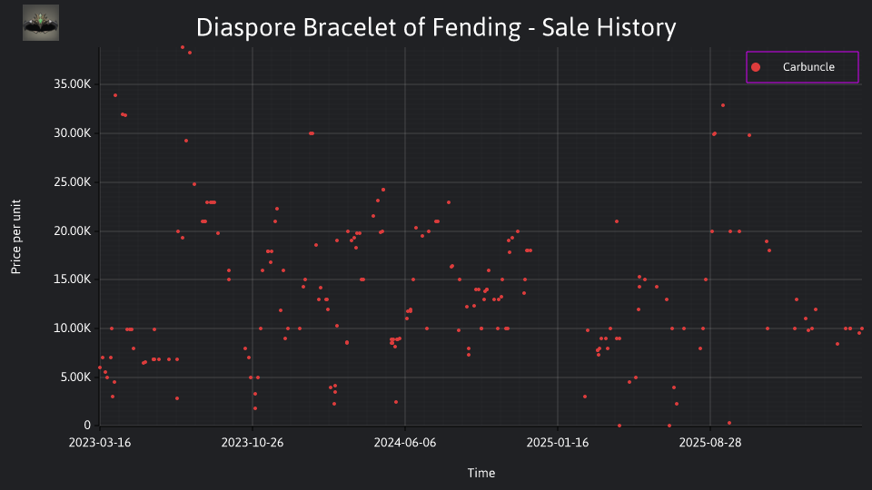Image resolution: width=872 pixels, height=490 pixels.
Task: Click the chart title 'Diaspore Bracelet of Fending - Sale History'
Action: [436, 27]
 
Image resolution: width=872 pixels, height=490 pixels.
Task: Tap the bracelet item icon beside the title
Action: [41, 23]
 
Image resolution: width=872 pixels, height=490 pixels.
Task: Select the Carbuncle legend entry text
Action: [808, 66]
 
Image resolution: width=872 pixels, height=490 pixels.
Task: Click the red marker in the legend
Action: [756, 67]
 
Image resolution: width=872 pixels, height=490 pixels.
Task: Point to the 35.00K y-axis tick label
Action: [73, 83]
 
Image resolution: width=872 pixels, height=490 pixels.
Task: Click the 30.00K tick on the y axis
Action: [73, 132]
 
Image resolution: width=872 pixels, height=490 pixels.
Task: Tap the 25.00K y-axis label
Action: [73, 181]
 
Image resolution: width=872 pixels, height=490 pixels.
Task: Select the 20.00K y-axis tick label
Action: [73, 230]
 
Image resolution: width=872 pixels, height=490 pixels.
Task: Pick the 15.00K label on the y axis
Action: [73, 279]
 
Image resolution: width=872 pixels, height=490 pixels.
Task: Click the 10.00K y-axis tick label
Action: [73, 328]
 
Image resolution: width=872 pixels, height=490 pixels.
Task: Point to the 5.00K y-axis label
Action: [75, 377]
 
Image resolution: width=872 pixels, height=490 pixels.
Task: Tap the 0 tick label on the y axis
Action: [87, 425]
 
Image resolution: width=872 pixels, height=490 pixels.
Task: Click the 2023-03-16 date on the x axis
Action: [100, 442]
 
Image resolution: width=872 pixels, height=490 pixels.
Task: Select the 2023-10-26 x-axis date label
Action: [253, 442]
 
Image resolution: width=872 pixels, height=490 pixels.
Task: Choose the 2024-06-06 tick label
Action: [405, 442]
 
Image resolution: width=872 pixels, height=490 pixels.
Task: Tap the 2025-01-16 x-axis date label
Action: [558, 442]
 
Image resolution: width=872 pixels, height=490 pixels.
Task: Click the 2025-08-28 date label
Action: [710, 442]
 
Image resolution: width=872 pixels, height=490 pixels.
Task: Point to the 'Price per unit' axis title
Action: [16, 237]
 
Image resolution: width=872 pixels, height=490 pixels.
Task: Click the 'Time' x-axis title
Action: [481, 473]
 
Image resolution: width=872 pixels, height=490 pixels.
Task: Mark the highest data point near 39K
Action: [183, 47]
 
